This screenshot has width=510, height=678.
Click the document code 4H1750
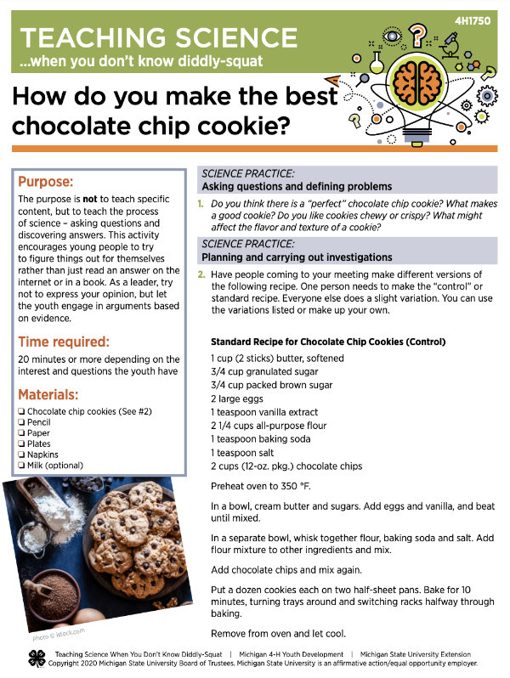coord(473,19)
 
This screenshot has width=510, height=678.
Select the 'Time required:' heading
coord(76,342)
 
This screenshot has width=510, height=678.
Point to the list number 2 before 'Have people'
coord(201,275)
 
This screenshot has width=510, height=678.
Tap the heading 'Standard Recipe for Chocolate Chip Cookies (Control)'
coord(327,342)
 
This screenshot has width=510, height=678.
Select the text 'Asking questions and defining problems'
coord(297,186)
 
